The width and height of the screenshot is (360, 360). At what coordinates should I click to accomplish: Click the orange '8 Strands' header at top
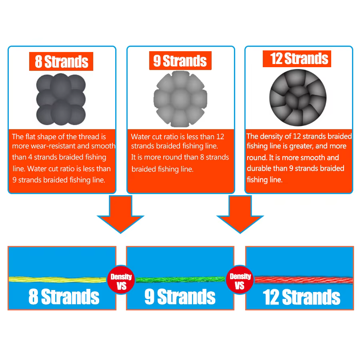tap(61, 61)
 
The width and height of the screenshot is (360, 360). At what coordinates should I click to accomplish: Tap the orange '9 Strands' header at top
tap(180, 61)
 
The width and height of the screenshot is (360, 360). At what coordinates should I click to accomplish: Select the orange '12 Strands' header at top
tap(297, 59)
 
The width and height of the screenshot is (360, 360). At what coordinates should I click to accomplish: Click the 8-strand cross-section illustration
tap(61, 100)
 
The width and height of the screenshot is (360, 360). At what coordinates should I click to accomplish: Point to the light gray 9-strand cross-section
tap(180, 99)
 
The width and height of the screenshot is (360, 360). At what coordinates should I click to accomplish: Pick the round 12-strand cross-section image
tap(298, 98)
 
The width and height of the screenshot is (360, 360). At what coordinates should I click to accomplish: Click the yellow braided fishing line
tap(57, 280)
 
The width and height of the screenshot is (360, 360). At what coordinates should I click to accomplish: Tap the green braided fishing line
tap(180, 280)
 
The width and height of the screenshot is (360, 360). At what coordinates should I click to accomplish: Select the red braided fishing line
tap(304, 280)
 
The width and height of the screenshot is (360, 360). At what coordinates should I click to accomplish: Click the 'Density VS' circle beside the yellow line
tap(121, 280)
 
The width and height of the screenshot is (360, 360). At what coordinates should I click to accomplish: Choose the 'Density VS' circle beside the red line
tap(240, 280)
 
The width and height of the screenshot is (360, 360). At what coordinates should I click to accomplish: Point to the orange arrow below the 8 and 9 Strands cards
tap(120, 214)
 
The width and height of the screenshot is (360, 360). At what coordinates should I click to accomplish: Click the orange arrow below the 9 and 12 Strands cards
tap(240, 214)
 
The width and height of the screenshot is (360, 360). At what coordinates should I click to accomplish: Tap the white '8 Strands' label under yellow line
tap(64, 297)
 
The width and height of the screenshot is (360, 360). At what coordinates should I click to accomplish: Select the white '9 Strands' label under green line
tap(180, 297)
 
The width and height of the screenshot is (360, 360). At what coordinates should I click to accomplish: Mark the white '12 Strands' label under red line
tap(302, 297)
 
